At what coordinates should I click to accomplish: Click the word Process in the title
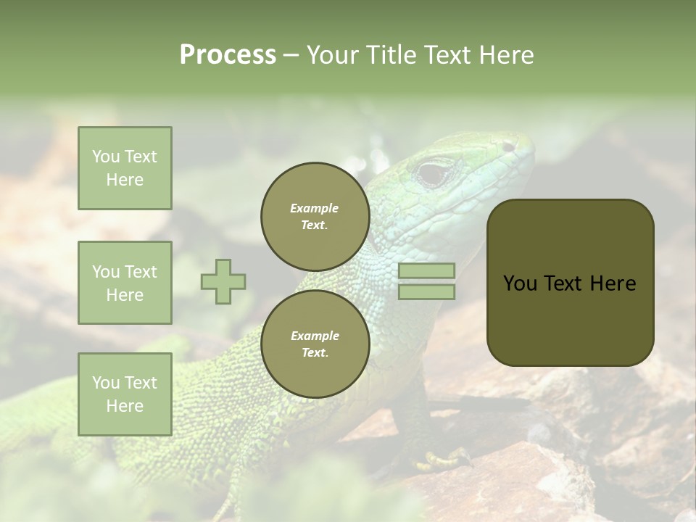tap(228, 55)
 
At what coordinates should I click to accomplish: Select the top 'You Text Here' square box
tap(125, 168)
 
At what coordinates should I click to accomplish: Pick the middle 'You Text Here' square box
tap(125, 283)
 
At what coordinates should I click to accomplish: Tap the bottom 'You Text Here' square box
tap(125, 394)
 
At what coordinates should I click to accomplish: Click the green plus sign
tap(223, 281)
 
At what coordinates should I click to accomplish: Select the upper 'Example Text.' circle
tap(315, 217)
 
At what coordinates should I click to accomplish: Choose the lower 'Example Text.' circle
tap(315, 344)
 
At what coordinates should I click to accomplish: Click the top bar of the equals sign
tap(426, 271)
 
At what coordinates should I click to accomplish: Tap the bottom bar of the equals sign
tap(426, 292)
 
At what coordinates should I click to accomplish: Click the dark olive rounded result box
tap(570, 283)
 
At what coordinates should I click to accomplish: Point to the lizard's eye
tap(434, 173)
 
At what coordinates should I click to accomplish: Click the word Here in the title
tap(507, 55)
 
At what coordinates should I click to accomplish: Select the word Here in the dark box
tap(613, 283)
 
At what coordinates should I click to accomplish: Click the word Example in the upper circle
tap(315, 209)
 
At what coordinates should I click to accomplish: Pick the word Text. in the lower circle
tap(315, 353)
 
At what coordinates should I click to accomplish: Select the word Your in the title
tap(334, 55)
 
